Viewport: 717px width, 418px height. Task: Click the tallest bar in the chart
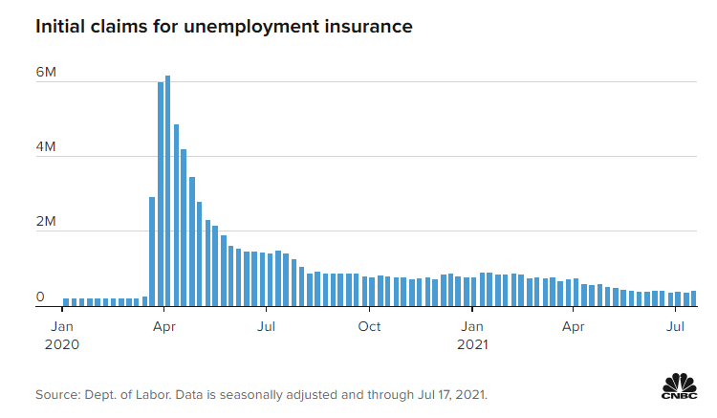[167, 191]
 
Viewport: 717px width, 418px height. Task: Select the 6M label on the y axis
[46, 73]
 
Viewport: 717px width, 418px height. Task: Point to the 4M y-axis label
[46, 147]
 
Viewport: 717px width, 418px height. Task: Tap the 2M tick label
[46, 222]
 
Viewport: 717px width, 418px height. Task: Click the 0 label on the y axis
[40, 297]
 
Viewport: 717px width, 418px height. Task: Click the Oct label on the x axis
[369, 326]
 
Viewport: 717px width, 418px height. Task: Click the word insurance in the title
[368, 27]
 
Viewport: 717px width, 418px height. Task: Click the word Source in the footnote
[58, 394]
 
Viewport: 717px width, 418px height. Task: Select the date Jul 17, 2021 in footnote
[452, 394]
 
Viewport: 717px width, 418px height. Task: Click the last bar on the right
[693, 298]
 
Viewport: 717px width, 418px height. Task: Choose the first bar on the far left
[65, 302]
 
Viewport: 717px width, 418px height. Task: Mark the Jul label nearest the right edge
[676, 326]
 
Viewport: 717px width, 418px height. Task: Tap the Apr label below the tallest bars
[164, 326]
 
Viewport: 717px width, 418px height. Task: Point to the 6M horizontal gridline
[430, 81]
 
